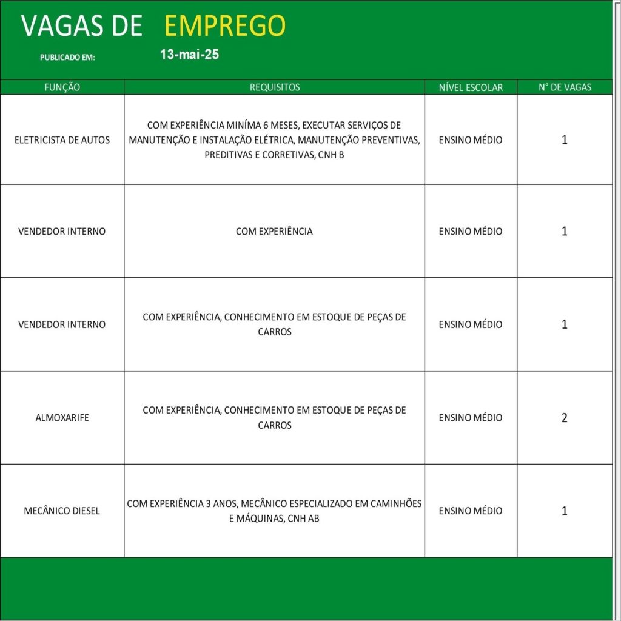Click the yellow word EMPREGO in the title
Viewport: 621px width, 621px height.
click(x=224, y=26)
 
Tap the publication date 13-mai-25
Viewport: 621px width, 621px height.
click(x=189, y=55)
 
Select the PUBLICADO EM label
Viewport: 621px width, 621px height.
click(x=67, y=58)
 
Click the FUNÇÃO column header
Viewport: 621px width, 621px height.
click(x=62, y=87)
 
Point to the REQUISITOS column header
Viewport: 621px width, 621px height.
click(x=275, y=87)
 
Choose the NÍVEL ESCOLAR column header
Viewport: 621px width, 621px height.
click(x=471, y=87)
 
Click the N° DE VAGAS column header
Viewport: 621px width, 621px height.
click(x=565, y=87)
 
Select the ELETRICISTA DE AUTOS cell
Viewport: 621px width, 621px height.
click(x=62, y=140)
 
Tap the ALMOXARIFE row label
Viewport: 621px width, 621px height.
click(x=62, y=418)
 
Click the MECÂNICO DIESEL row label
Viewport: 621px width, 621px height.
click(x=62, y=511)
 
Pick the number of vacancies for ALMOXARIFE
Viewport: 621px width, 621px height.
click(x=565, y=418)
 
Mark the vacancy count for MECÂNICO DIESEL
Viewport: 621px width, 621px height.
click(x=565, y=511)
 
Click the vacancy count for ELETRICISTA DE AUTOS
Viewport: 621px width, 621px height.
click(x=565, y=140)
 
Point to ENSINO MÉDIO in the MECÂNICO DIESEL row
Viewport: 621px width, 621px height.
click(x=471, y=511)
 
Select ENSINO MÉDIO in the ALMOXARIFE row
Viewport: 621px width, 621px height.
click(x=471, y=418)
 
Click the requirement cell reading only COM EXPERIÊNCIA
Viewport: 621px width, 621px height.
click(x=274, y=232)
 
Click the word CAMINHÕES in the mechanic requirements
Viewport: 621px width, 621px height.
click(x=395, y=504)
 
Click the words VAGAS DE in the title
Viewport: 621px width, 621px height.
click(x=82, y=26)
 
